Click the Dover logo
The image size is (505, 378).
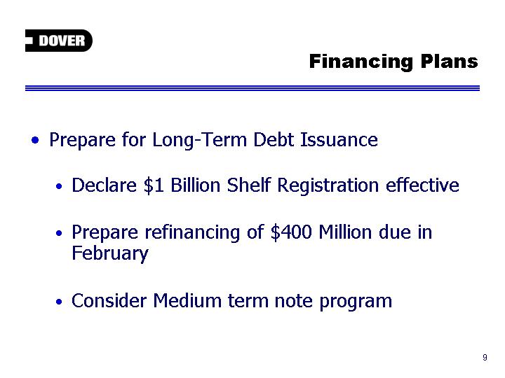[59, 41]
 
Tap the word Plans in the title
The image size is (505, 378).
[450, 61]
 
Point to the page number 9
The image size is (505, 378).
[485, 357]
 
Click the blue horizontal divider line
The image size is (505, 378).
[252, 88]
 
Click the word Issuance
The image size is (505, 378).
[339, 140]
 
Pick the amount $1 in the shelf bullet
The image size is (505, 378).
[154, 185]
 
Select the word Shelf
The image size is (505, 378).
[248, 185]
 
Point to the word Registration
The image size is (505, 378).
[328, 185]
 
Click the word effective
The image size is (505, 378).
[422, 185]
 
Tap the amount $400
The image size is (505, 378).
[291, 232]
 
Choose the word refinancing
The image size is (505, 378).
[192, 232]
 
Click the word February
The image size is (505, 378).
[110, 254]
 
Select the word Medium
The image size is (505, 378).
[187, 301]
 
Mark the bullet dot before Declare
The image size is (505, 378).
[59, 186]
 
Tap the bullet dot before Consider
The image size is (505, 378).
[59, 302]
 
